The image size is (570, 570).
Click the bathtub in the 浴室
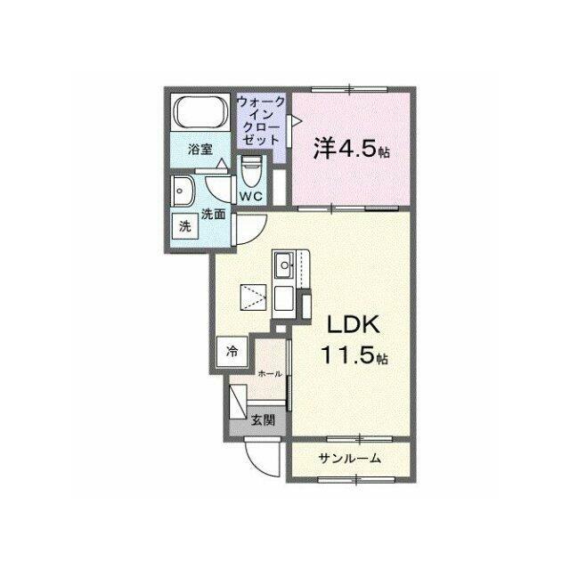(200, 111)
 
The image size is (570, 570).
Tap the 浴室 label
(199, 150)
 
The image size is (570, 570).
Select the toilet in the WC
(251, 172)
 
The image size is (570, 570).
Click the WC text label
(251, 197)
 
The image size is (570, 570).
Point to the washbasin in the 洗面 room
(183, 191)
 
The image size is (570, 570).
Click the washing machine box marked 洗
(185, 226)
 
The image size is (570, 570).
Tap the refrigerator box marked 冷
(232, 352)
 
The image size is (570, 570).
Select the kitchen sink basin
(284, 265)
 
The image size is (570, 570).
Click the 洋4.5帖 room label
(352, 149)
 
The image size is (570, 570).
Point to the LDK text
(354, 324)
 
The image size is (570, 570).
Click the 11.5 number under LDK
(347, 354)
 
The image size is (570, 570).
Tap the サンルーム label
(350, 459)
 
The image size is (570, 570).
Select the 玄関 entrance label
(264, 420)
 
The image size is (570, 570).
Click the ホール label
(270, 374)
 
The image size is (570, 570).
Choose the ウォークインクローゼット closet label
(261, 121)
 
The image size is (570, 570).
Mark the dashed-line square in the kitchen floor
(253, 297)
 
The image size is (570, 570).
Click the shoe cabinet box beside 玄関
(238, 401)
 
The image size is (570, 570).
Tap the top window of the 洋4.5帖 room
(349, 89)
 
